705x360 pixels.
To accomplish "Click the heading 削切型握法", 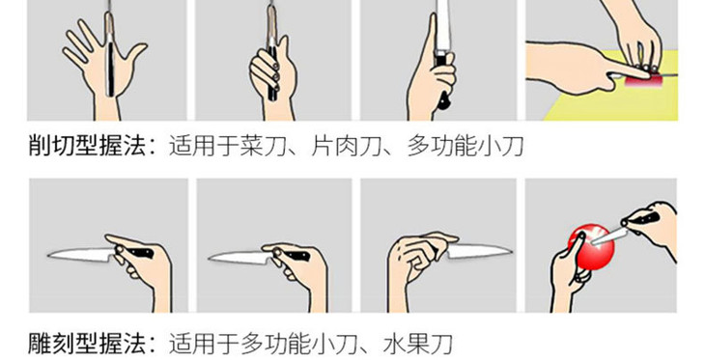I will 85,147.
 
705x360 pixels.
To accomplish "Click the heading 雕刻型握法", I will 85,342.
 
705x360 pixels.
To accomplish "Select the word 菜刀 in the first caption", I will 273,147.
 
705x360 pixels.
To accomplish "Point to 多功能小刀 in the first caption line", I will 465,147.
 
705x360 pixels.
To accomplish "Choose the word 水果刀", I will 422,342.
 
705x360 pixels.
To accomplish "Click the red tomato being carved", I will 591,247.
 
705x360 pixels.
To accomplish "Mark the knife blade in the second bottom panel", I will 237,257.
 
